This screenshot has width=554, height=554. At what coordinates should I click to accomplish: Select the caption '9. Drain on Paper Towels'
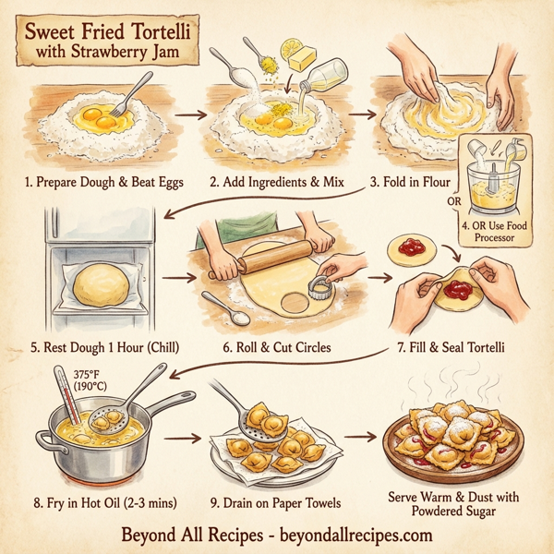[275, 502]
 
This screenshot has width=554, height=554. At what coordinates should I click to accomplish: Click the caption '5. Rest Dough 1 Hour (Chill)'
[103, 347]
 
